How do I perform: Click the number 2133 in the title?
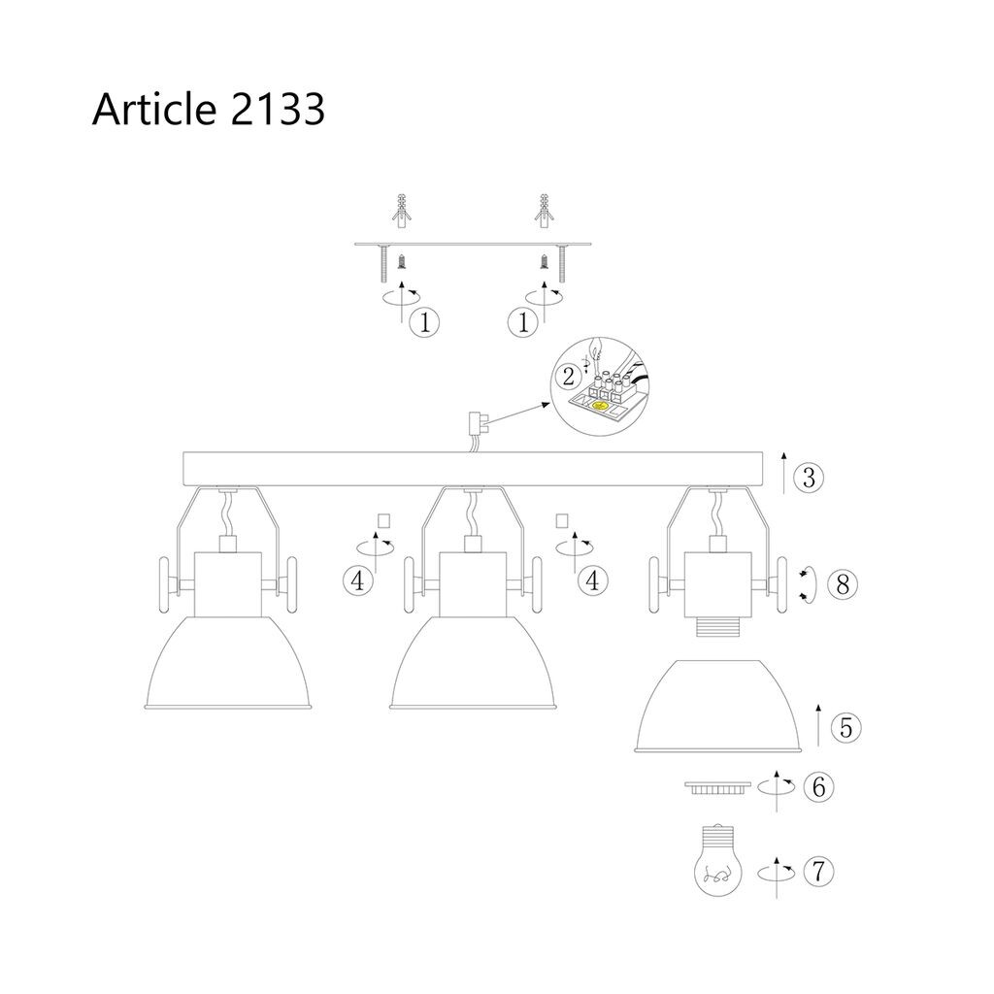[278, 109]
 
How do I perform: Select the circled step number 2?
[568, 377]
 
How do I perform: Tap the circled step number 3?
[809, 478]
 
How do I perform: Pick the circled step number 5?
[846, 728]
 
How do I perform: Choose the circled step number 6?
[818, 787]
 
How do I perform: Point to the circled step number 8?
[843, 583]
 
